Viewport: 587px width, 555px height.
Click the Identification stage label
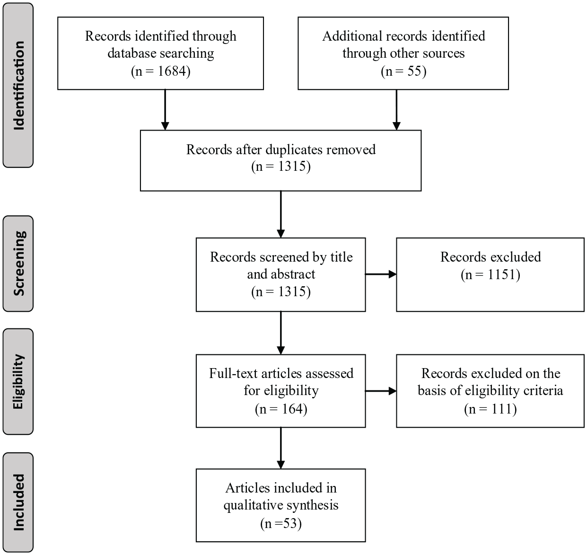point(18,86)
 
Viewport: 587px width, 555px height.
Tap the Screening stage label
point(18,264)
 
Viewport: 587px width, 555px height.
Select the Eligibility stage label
point(18,381)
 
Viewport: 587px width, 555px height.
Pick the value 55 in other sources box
point(414,71)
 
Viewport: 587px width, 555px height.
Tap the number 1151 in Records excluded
point(503,274)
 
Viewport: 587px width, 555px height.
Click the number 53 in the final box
point(290,523)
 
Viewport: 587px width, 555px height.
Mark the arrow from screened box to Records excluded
point(381,274)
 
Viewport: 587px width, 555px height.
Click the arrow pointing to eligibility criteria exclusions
point(381,391)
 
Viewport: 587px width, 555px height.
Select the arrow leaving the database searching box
point(165,110)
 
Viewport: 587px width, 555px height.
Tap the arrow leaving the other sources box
point(396,110)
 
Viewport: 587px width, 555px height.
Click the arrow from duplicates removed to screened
point(281,214)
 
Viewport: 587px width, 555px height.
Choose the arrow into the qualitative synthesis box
point(281,448)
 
